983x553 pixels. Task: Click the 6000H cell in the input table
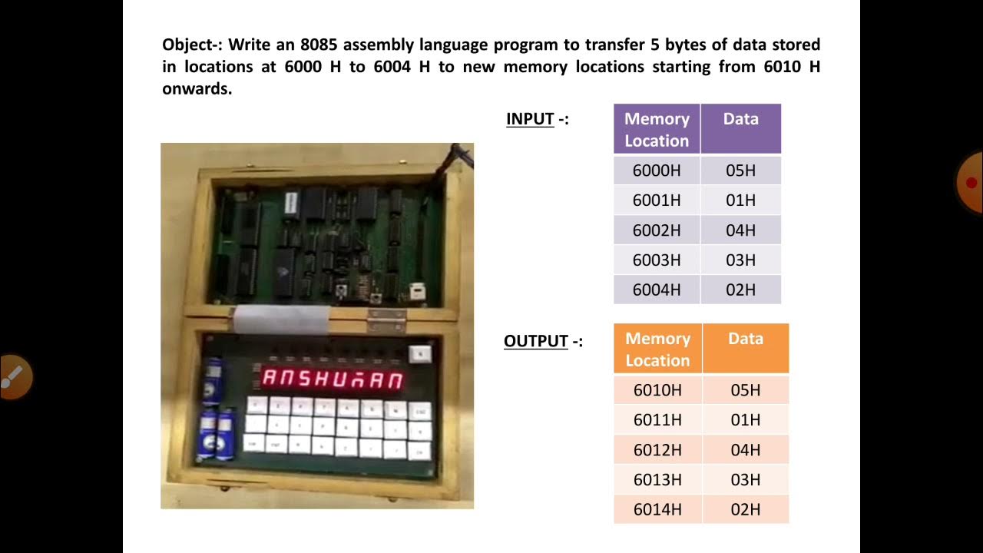pos(657,171)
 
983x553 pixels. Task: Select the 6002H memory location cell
pos(657,230)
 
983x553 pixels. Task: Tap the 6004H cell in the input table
pos(657,290)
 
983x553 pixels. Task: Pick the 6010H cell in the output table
pos(657,390)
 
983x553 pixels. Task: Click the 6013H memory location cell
pos(657,480)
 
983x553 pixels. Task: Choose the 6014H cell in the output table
pos(657,509)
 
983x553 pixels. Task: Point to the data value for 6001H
pos(740,200)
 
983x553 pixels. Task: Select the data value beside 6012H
pos(745,450)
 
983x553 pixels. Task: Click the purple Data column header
pos(740,120)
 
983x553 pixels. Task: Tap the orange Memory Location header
pos(657,349)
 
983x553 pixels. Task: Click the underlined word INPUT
pos(530,119)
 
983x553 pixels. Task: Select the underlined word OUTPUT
pos(536,341)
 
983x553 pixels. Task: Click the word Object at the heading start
pos(187,45)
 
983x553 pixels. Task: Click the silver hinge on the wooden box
pos(386,318)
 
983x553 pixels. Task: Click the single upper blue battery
pos(213,379)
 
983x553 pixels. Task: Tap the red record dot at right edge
pos(971,183)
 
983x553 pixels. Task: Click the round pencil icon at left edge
pos(13,376)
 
